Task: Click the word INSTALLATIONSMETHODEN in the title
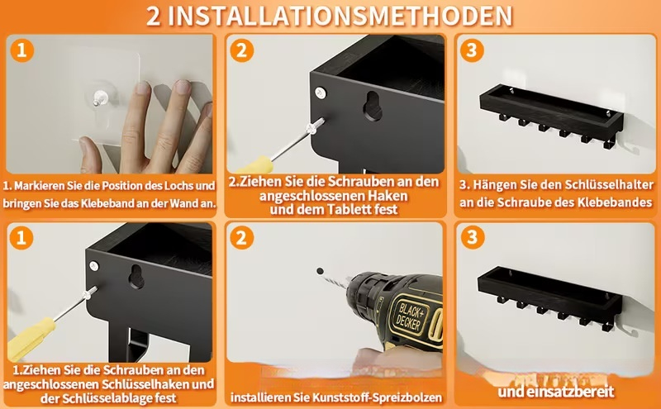coord(343,16)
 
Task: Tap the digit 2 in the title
coord(154,16)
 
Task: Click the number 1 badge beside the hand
coord(22,50)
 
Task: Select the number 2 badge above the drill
coord(241,238)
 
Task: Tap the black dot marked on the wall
coord(320,271)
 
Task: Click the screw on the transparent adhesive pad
coord(100,97)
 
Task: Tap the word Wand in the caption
coord(183,203)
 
